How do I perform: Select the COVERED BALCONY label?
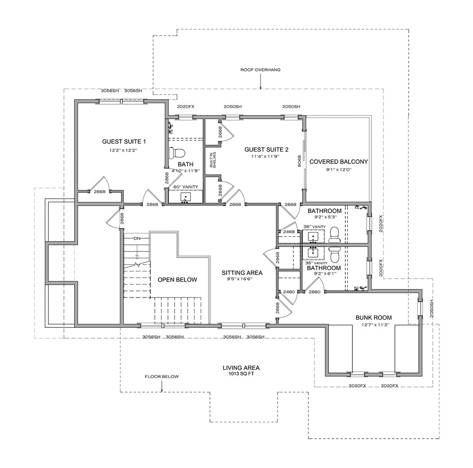pyautogui.click(x=339, y=162)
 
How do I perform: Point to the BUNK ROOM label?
pyautogui.click(x=374, y=317)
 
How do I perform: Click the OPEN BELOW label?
pyautogui.click(x=177, y=279)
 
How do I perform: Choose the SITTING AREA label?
pyautogui.click(x=242, y=273)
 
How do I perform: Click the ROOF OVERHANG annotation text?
pyautogui.click(x=261, y=70)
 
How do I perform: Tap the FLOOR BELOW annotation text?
pyautogui.click(x=162, y=377)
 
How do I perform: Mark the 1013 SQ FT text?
pyautogui.click(x=241, y=374)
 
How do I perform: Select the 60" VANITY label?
pyautogui.click(x=185, y=187)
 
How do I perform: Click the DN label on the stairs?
pyautogui.click(x=138, y=238)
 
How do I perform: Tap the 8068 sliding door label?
pyautogui.click(x=298, y=162)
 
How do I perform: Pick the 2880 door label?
pyautogui.click(x=315, y=292)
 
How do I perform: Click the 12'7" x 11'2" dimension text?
pyautogui.click(x=374, y=324)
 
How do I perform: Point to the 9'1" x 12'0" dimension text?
pyautogui.click(x=339, y=170)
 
